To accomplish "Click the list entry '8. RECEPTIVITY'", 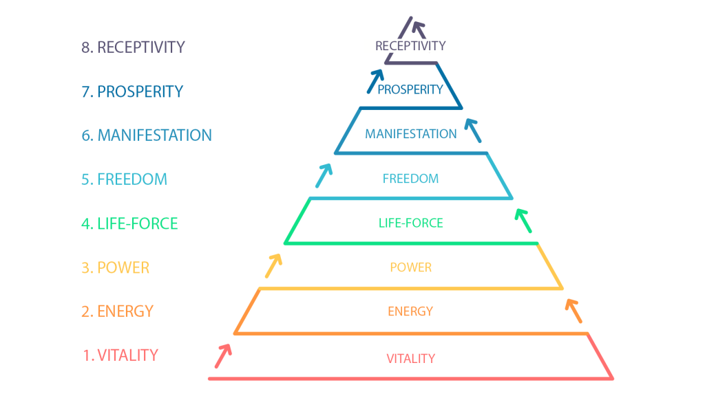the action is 133,47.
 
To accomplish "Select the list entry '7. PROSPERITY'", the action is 132,91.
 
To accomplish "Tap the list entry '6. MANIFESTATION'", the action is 147,135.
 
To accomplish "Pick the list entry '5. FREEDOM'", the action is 124,179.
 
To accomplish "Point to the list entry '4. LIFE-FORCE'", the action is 129,223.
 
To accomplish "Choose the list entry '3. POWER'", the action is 115,267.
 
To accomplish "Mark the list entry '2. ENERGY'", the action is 117,311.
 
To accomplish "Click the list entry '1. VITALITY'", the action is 120,355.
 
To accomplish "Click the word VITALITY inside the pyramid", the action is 411,358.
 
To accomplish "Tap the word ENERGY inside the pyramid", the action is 410,311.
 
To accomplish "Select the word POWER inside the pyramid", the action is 411,267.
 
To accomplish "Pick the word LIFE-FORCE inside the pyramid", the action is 411,223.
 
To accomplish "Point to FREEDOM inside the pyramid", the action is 410,179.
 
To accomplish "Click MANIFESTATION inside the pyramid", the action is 411,134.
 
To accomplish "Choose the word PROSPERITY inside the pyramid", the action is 410,90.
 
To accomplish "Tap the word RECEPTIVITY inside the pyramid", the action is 410,46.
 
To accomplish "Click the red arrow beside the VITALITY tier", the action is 223,356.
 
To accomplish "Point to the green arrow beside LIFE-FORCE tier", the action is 523,221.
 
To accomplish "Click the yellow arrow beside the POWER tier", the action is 273,266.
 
